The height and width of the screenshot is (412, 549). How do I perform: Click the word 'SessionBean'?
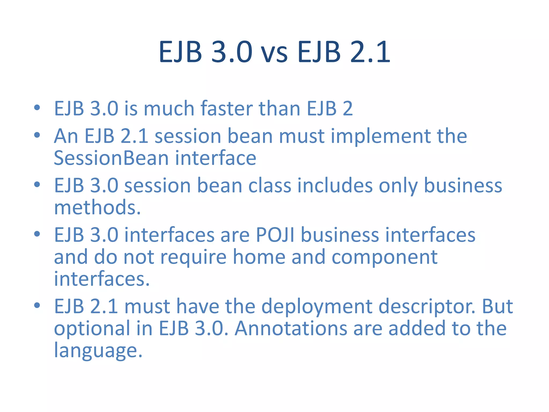(x=111, y=158)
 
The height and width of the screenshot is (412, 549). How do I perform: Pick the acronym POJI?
(x=275, y=235)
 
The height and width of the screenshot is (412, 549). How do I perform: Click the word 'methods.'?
(x=97, y=208)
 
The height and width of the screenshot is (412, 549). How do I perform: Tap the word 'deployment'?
(x=317, y=306)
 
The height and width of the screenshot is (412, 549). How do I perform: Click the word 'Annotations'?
(x=291, y=329)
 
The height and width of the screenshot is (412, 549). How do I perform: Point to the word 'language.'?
(x=98, y=350)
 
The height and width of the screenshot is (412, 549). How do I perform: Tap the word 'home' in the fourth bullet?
(x=259, y=257)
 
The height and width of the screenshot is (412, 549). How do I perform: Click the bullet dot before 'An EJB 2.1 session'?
(x=37, y=135)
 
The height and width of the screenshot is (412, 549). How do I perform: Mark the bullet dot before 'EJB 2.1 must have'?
(x=37, y=305)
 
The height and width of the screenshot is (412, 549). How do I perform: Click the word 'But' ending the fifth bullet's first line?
(x=497, y=306)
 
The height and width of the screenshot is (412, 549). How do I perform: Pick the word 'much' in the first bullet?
(x=169, y=108)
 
